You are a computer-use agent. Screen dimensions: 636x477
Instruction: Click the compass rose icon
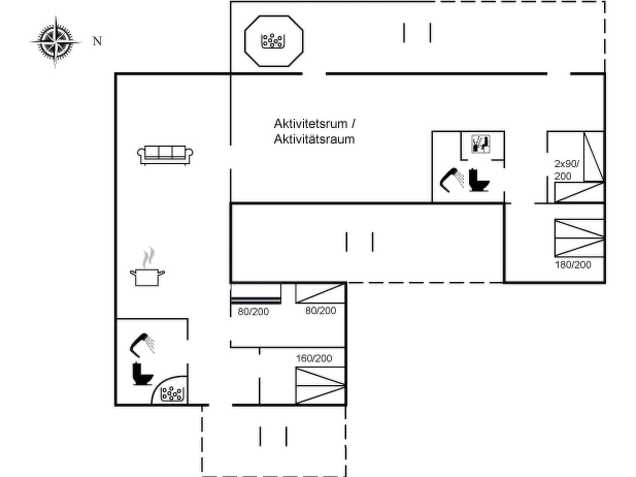click(56, 42)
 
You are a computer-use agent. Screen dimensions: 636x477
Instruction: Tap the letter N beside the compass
click(97, 41)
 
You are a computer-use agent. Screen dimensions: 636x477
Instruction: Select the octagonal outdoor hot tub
click(274, 41)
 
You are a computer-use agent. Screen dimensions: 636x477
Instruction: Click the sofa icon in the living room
click(165, 155)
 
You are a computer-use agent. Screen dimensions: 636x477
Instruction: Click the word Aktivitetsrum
click(311, 124)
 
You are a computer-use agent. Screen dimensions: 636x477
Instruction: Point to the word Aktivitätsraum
click(314, 139)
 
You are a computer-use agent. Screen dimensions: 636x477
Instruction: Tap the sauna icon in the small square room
click(481, 144)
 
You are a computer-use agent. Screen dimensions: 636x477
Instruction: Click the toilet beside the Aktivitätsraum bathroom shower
click(479, 180)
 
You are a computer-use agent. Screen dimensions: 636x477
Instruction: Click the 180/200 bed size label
click(573, 265)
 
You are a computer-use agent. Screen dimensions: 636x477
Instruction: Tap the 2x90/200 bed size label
click(566, 170)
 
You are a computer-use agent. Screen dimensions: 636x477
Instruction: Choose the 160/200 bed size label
click(314, 358)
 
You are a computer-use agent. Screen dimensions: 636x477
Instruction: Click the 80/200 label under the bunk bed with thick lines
click(253, 311)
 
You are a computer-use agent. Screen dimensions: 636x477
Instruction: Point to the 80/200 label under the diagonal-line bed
click(320, 311)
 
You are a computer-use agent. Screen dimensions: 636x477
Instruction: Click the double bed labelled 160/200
click(320, 385)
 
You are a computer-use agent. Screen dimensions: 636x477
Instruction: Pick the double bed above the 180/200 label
click(579, 238)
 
